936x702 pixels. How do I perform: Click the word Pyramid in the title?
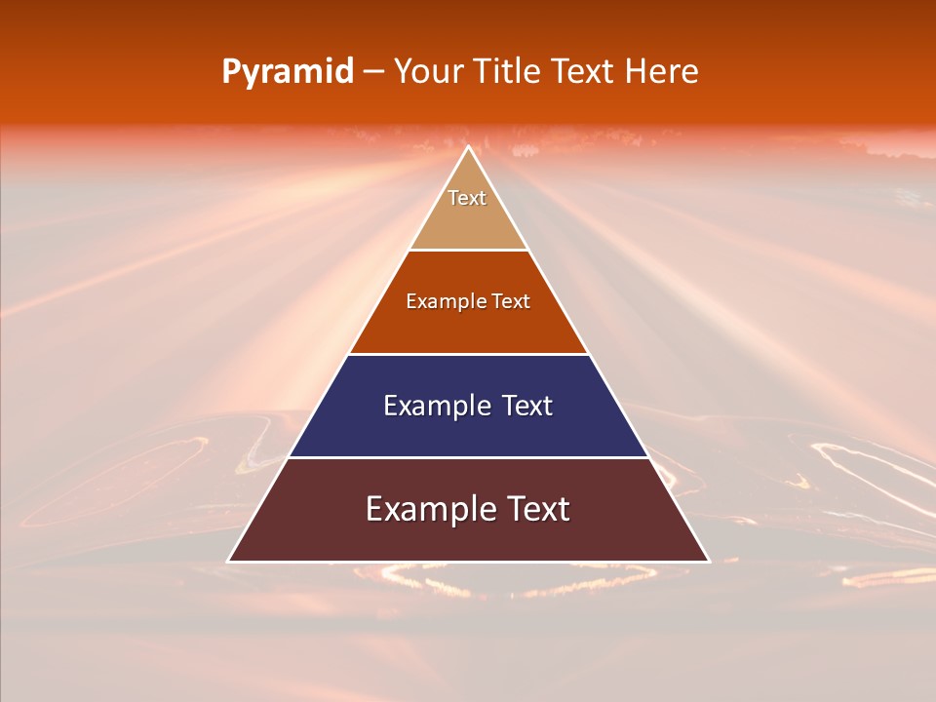point(287,72)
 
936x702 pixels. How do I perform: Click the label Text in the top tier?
point(467,198)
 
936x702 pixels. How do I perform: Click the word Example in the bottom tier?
point(429,509)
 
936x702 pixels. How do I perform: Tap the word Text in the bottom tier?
point(539,509)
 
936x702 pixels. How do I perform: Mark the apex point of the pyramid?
point(468,147)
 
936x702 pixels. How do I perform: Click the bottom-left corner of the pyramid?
point(229,561)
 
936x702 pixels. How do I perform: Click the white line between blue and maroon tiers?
point(468,457)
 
